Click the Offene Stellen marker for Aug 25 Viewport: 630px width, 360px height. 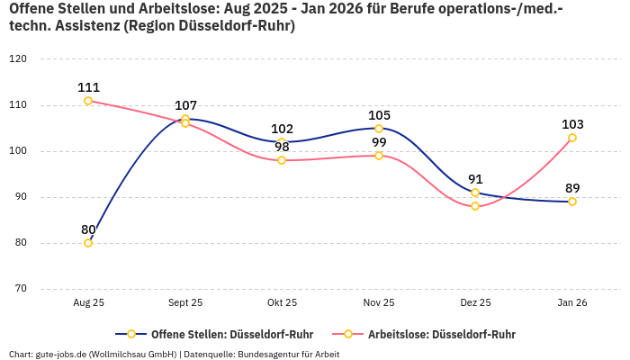click(88, 243)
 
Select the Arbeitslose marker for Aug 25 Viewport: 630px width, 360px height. click(88, 101)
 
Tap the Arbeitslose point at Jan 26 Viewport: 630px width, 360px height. click(572, 138)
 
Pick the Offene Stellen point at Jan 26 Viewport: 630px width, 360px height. click(572, 202)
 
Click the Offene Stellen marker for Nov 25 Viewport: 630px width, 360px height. click(379, 129)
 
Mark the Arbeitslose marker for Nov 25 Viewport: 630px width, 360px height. click(379, 156)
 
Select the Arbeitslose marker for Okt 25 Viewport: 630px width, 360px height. click(282, 160)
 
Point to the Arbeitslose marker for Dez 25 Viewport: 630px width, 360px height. click(475, 206)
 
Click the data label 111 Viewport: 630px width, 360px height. click(88, 87)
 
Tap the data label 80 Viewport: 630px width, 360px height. click(88, 229)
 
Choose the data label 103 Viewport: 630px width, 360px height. click(572, 124)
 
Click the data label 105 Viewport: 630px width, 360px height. click(379, 115)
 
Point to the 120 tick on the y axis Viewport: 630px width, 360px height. click(18, 59)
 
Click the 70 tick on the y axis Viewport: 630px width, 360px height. click(20, 289)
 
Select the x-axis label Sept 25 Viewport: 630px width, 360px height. click(184, 303)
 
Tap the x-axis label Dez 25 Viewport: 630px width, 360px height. click(475, 303)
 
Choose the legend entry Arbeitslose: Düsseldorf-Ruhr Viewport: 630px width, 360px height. click(441, 334)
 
